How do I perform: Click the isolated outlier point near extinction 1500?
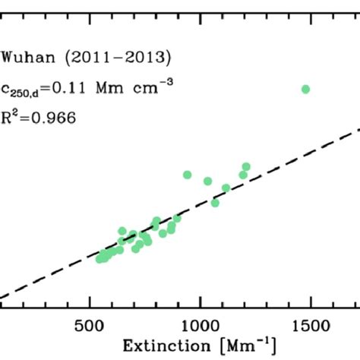click(x=306, y=89)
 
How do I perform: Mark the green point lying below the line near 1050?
click(x=215, y=203)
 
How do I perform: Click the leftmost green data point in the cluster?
click(x=99, y=259)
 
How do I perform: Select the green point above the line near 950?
click(x=187, y=175)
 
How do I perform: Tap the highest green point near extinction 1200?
click(x=246, y=166)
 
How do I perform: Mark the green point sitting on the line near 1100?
click(x=226, y=188)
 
